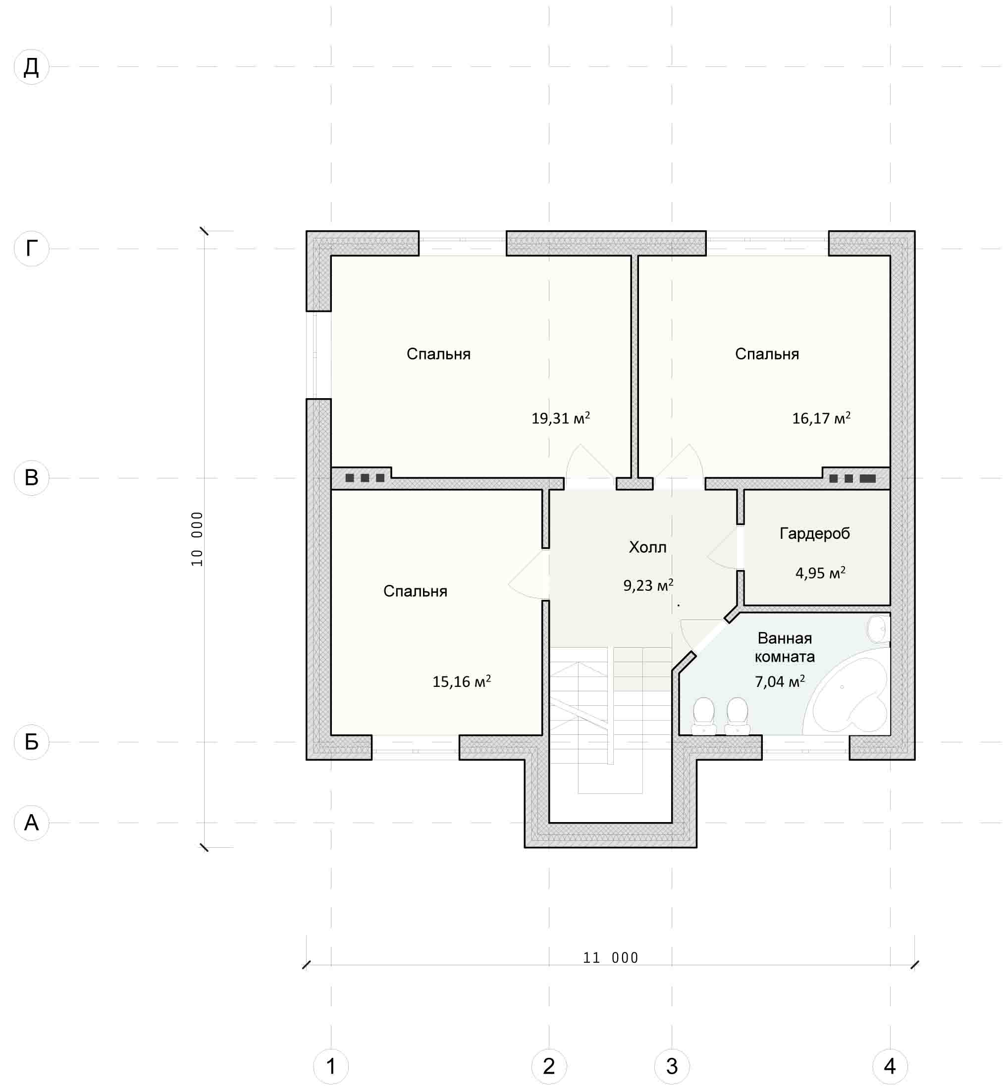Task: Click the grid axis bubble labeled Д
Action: [32, 67]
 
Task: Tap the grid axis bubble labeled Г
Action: [32, 249]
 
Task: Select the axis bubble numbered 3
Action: [672, 1066]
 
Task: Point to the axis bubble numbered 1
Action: [331, 1066]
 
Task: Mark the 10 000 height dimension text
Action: [197, 539]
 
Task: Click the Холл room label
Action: [647, 547]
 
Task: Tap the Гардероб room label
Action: [815, 533]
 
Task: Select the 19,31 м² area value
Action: [561, 418]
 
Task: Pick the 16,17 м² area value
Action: [821, 418]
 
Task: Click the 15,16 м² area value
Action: [462, 681]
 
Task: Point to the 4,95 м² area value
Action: [821, 572]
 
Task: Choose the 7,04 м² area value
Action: [780, 681]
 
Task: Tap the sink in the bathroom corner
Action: [878, 628]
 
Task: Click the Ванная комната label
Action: [785, 647]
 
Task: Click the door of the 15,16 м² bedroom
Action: [528, 574]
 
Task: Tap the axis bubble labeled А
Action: [32, 823]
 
